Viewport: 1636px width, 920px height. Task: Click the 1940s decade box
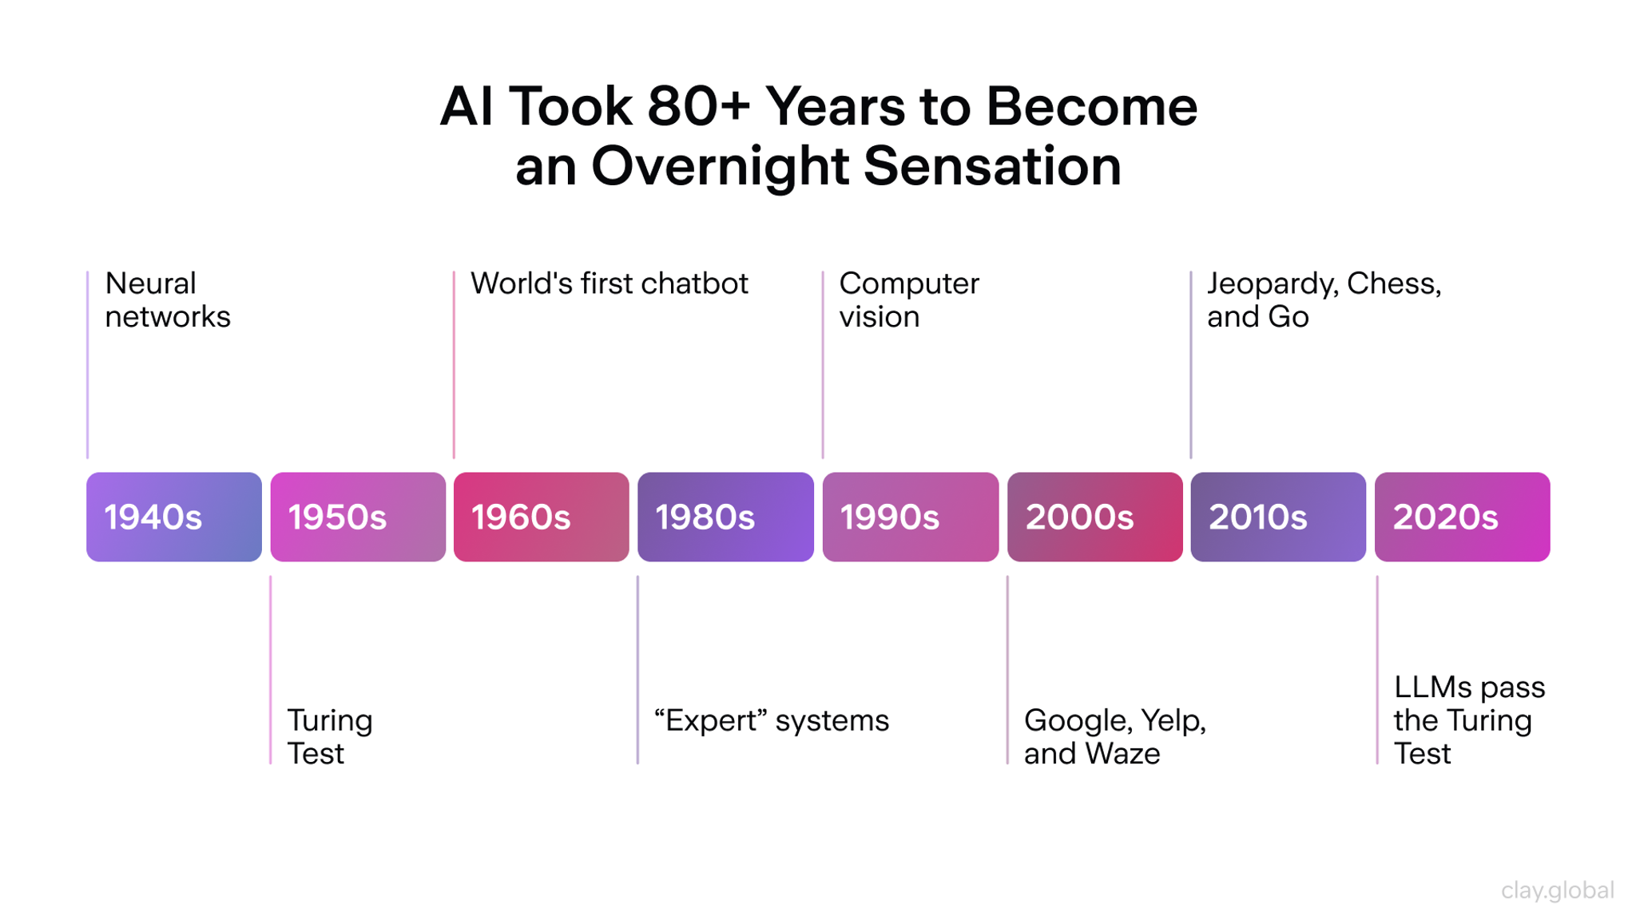[174, 517]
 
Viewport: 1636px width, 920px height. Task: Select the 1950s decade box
[358, 517]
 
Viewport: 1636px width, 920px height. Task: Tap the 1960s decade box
[542, 517]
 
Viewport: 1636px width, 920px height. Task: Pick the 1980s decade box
[725, 517]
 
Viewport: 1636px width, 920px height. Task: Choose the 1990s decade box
[910, 517]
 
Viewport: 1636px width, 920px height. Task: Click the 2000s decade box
[1094, 517]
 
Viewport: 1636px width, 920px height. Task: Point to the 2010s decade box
[1278, 517]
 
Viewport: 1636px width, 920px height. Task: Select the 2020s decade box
[1462, 517]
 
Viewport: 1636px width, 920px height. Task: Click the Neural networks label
[167, 300]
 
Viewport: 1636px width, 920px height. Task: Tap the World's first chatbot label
[609, 284]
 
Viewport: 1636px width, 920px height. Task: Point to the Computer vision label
[908, 300]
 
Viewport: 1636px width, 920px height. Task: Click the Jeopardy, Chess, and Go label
[1324, 300]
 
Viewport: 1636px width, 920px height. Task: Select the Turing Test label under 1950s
[329, 736]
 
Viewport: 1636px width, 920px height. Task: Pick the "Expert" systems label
[771, 720]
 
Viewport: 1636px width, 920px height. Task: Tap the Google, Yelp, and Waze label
[1114, 736]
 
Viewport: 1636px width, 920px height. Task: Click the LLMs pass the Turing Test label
[1468, 720]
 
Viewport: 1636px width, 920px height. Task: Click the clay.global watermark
[1557, 890]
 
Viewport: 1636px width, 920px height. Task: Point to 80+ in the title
[698, 107]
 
